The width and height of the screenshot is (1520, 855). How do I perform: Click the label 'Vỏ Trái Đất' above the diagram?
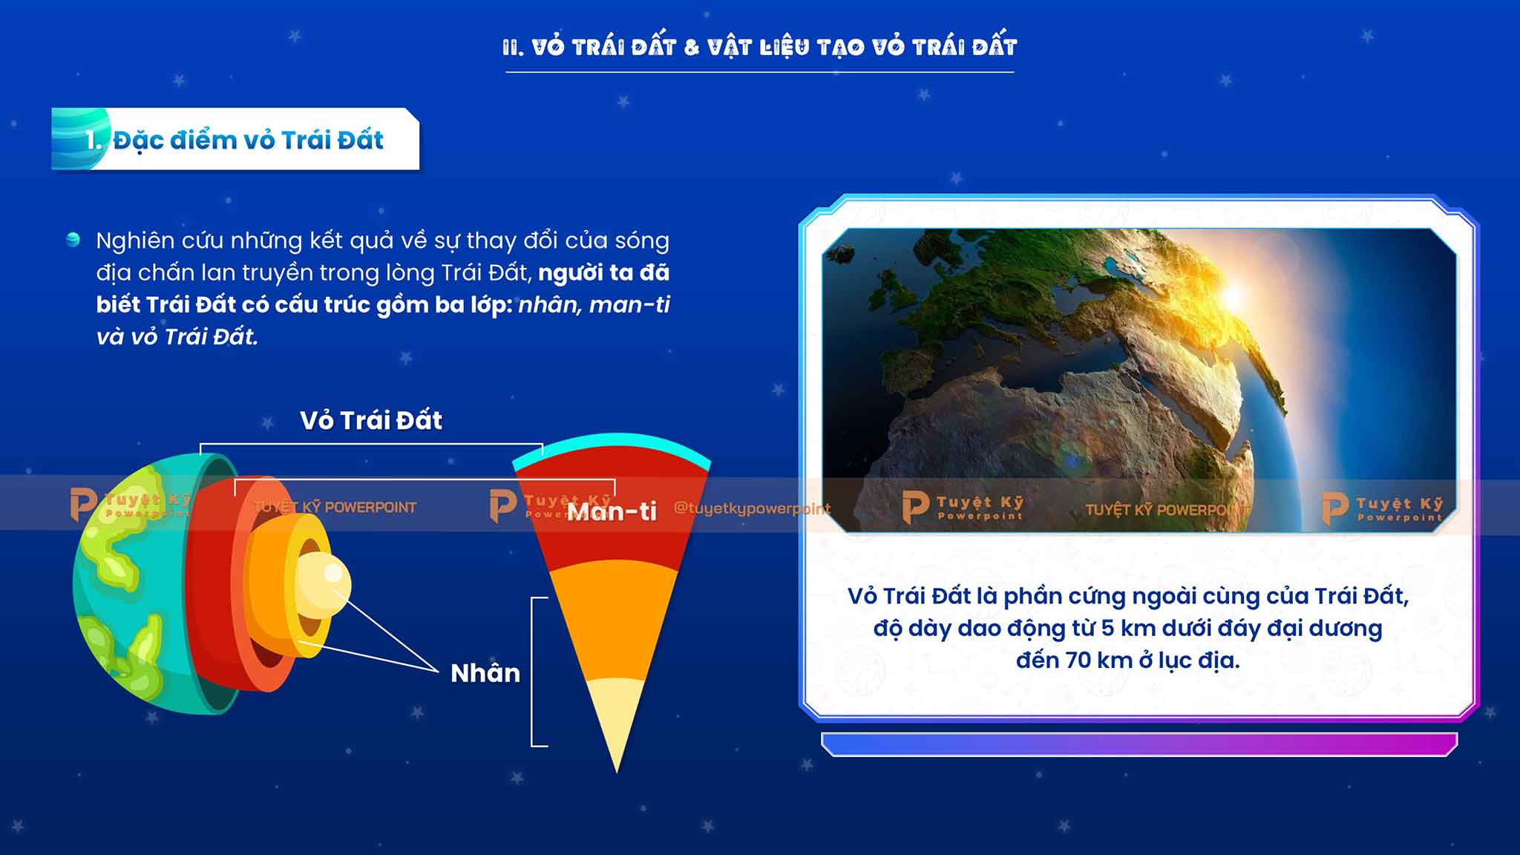(371, 420)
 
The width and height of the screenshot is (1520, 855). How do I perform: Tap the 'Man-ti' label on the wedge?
(612, 511)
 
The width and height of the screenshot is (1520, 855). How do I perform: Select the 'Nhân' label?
(485, 673)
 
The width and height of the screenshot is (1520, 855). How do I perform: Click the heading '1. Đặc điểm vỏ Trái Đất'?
(234, 140)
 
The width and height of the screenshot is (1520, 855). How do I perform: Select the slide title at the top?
(759, 47)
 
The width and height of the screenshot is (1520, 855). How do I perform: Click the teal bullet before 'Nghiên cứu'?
(73, 239)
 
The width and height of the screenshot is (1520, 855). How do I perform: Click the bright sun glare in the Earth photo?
(1232, 297)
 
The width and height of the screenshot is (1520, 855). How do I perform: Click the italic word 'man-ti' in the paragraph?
(629, 304)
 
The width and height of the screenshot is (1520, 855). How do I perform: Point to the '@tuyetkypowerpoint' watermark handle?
(752, 508)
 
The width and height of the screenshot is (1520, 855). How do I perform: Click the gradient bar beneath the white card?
(1139, 744)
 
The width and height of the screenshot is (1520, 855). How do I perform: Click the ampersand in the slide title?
(692, 47)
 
